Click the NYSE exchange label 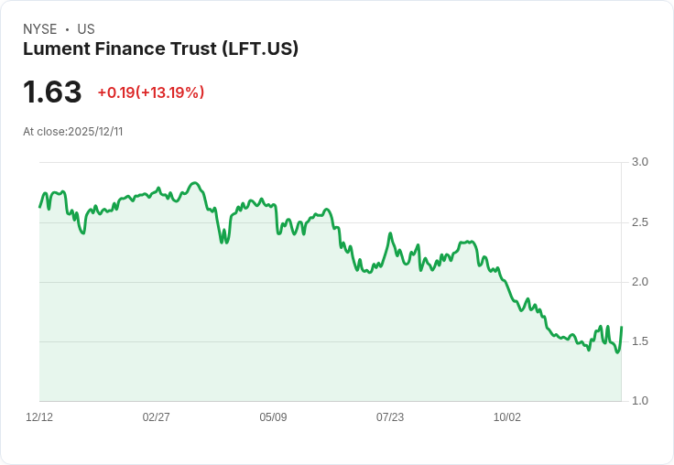pos(39,29)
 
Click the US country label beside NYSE pos(86,29)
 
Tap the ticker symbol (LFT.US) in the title pos(260,49)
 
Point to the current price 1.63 pos(52,92)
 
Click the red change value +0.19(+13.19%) pos(151,92)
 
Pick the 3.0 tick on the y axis pos(640,162)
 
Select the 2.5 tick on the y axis pos(640,222)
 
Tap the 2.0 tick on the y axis pos(640,282)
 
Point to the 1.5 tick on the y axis pos(640,341)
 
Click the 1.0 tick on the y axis pos(640,401)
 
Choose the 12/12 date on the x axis pos(39,417)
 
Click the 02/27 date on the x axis pos(157,417)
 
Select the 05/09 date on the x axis pos(273,417)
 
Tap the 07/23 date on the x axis pos(390,417)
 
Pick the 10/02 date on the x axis pos(507,417)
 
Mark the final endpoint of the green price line pos(622,328)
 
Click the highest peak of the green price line pos(194,183)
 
